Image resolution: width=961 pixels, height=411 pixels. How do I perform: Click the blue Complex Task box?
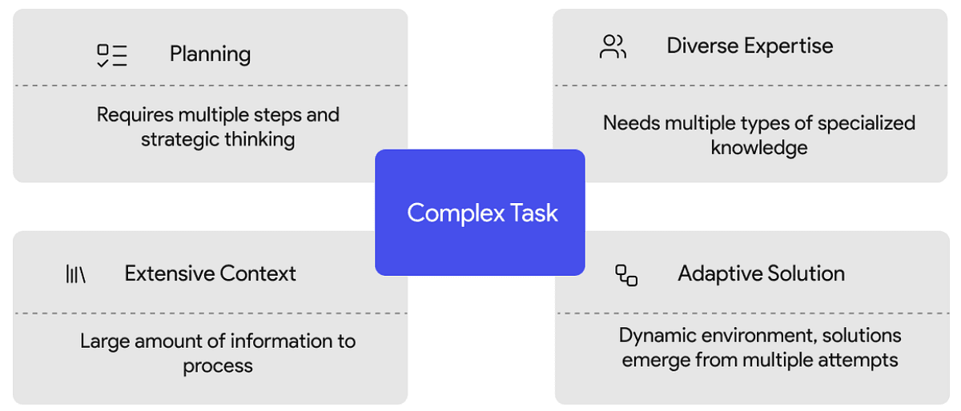tap(480, 212)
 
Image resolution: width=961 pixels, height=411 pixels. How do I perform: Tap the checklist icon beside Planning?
tap(112, 55)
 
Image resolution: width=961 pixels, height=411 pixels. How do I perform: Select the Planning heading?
tap(210, 54)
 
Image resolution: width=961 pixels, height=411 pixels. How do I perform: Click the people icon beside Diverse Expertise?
tap(613, 46)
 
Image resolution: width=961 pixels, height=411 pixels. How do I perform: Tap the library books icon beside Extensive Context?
tap(75, 273)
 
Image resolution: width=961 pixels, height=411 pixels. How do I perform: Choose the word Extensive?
tap(170, 273)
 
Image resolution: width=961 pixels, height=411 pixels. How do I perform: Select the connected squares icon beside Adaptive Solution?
tap(626, 275)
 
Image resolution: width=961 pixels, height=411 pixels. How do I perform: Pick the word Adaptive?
tap(720, 273)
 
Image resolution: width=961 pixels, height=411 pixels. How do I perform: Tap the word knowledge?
tap(759, 148)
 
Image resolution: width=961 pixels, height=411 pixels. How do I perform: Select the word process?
tap(218, 366)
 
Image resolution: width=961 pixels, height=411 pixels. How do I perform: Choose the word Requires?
tap(135, 115)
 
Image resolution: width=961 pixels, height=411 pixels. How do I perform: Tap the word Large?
tap(104, 342)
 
